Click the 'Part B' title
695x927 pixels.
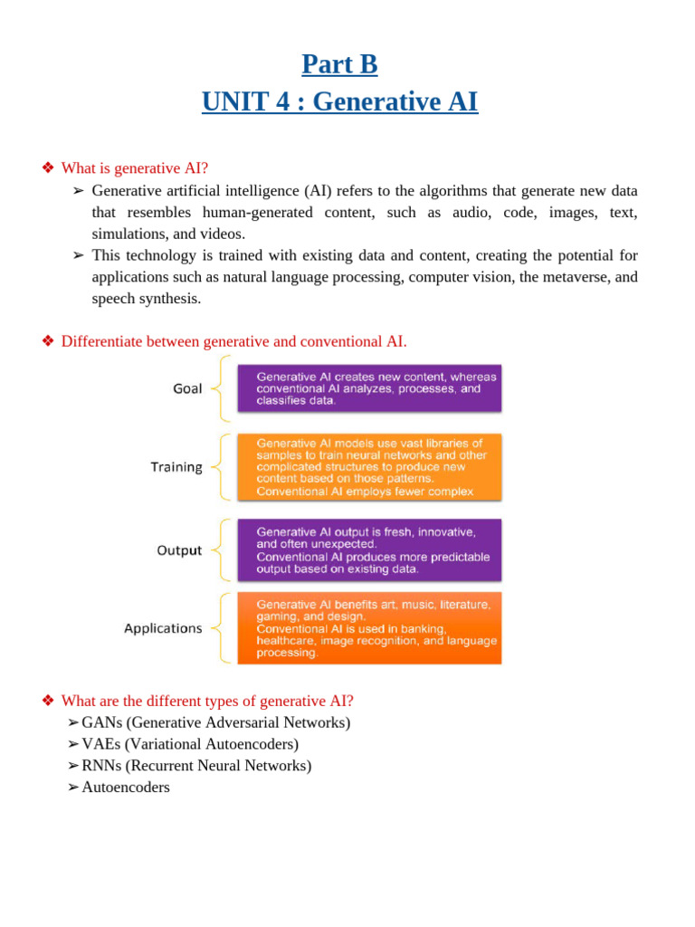339,64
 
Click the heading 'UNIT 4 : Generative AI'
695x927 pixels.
339,101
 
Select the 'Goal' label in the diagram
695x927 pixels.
187,389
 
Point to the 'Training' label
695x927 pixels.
176,467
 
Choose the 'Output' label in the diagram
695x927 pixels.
179,550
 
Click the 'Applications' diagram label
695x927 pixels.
163,628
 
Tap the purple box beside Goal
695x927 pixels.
369,388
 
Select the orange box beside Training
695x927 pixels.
369,467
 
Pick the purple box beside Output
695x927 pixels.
369,550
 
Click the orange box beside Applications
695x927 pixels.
369,628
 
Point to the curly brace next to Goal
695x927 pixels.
220,389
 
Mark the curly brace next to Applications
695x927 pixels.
220,628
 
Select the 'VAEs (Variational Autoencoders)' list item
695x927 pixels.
190,744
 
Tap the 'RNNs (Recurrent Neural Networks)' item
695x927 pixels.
196,766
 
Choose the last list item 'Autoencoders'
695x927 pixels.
126,788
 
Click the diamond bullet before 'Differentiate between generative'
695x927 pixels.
49,341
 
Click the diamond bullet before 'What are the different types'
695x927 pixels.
49,701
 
